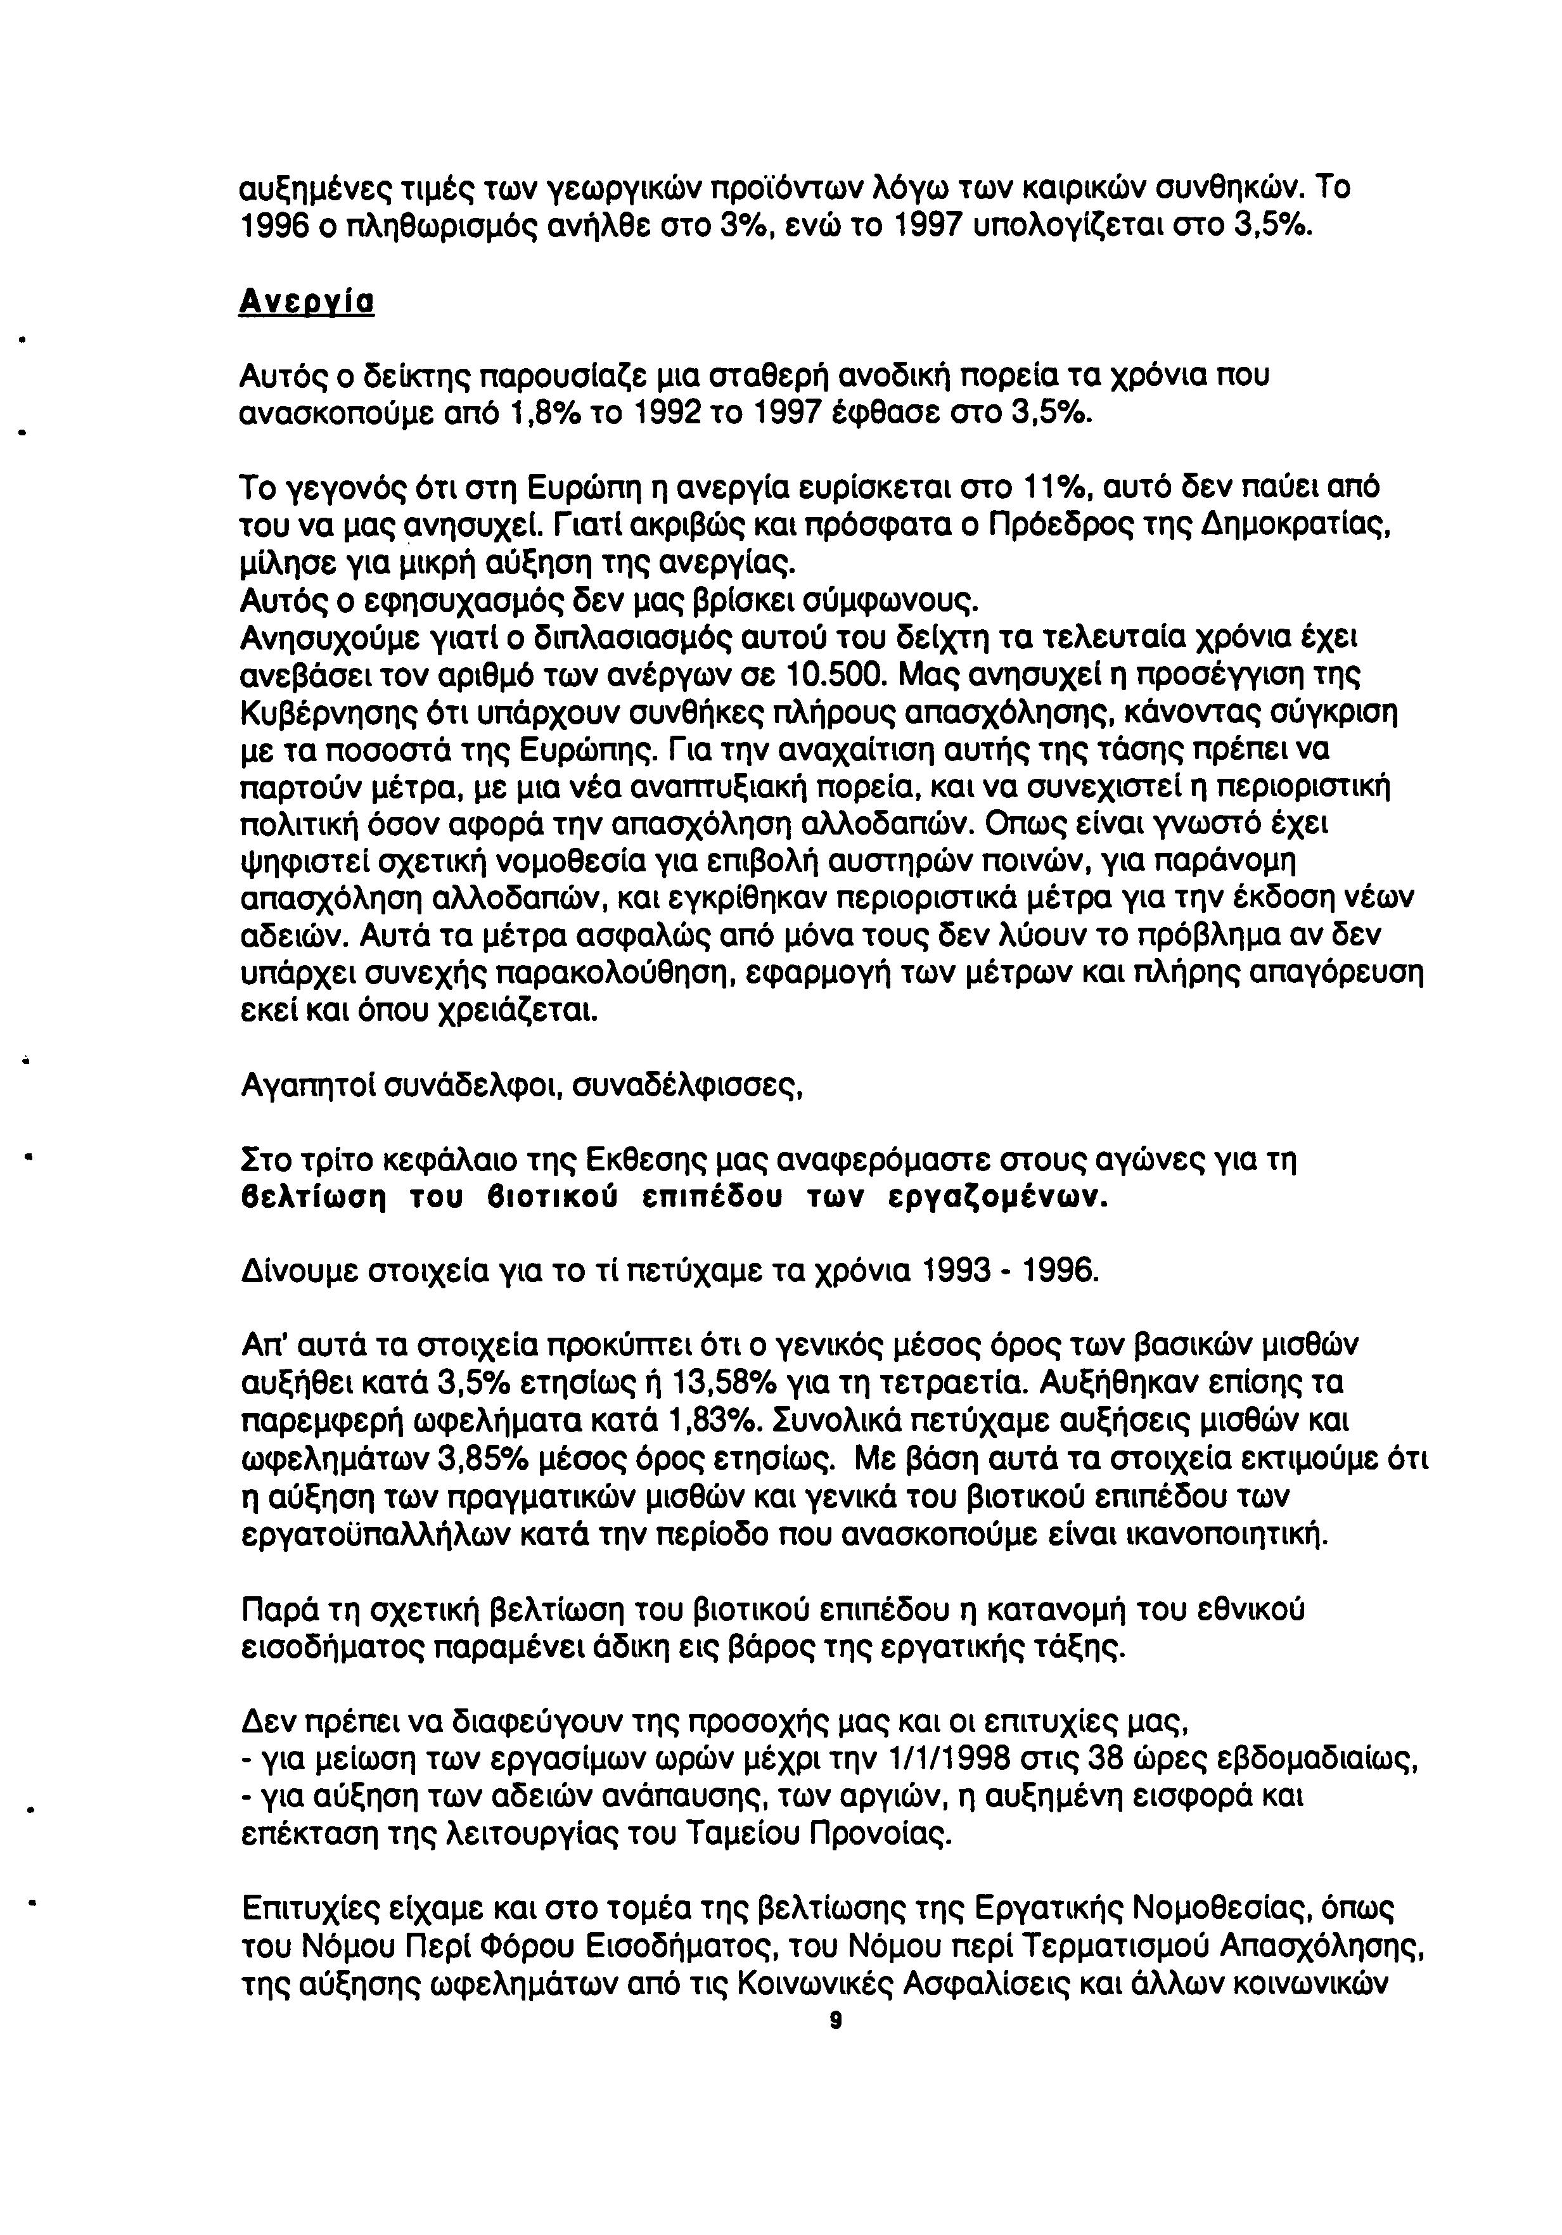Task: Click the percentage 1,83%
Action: tap(714, 1419)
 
